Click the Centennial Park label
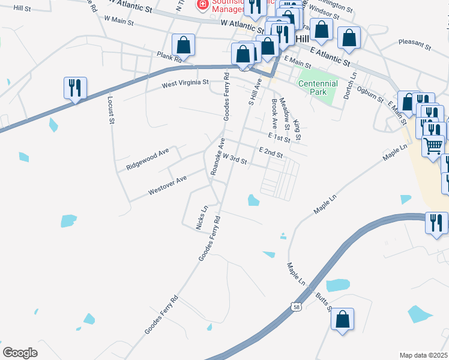tap(318, 88)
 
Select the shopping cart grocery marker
tap(433, 146)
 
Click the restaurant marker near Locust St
tap(75, 88)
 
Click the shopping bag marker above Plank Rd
tap(183, 44)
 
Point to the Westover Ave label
tap(167, 185)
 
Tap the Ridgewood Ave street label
tap(148, 160)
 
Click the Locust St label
tap(110, 110)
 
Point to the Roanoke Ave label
tap(217, 157)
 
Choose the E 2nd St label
tap(271, 153)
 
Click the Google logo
tap(20, 353)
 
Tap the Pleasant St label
tap(415, 44)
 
